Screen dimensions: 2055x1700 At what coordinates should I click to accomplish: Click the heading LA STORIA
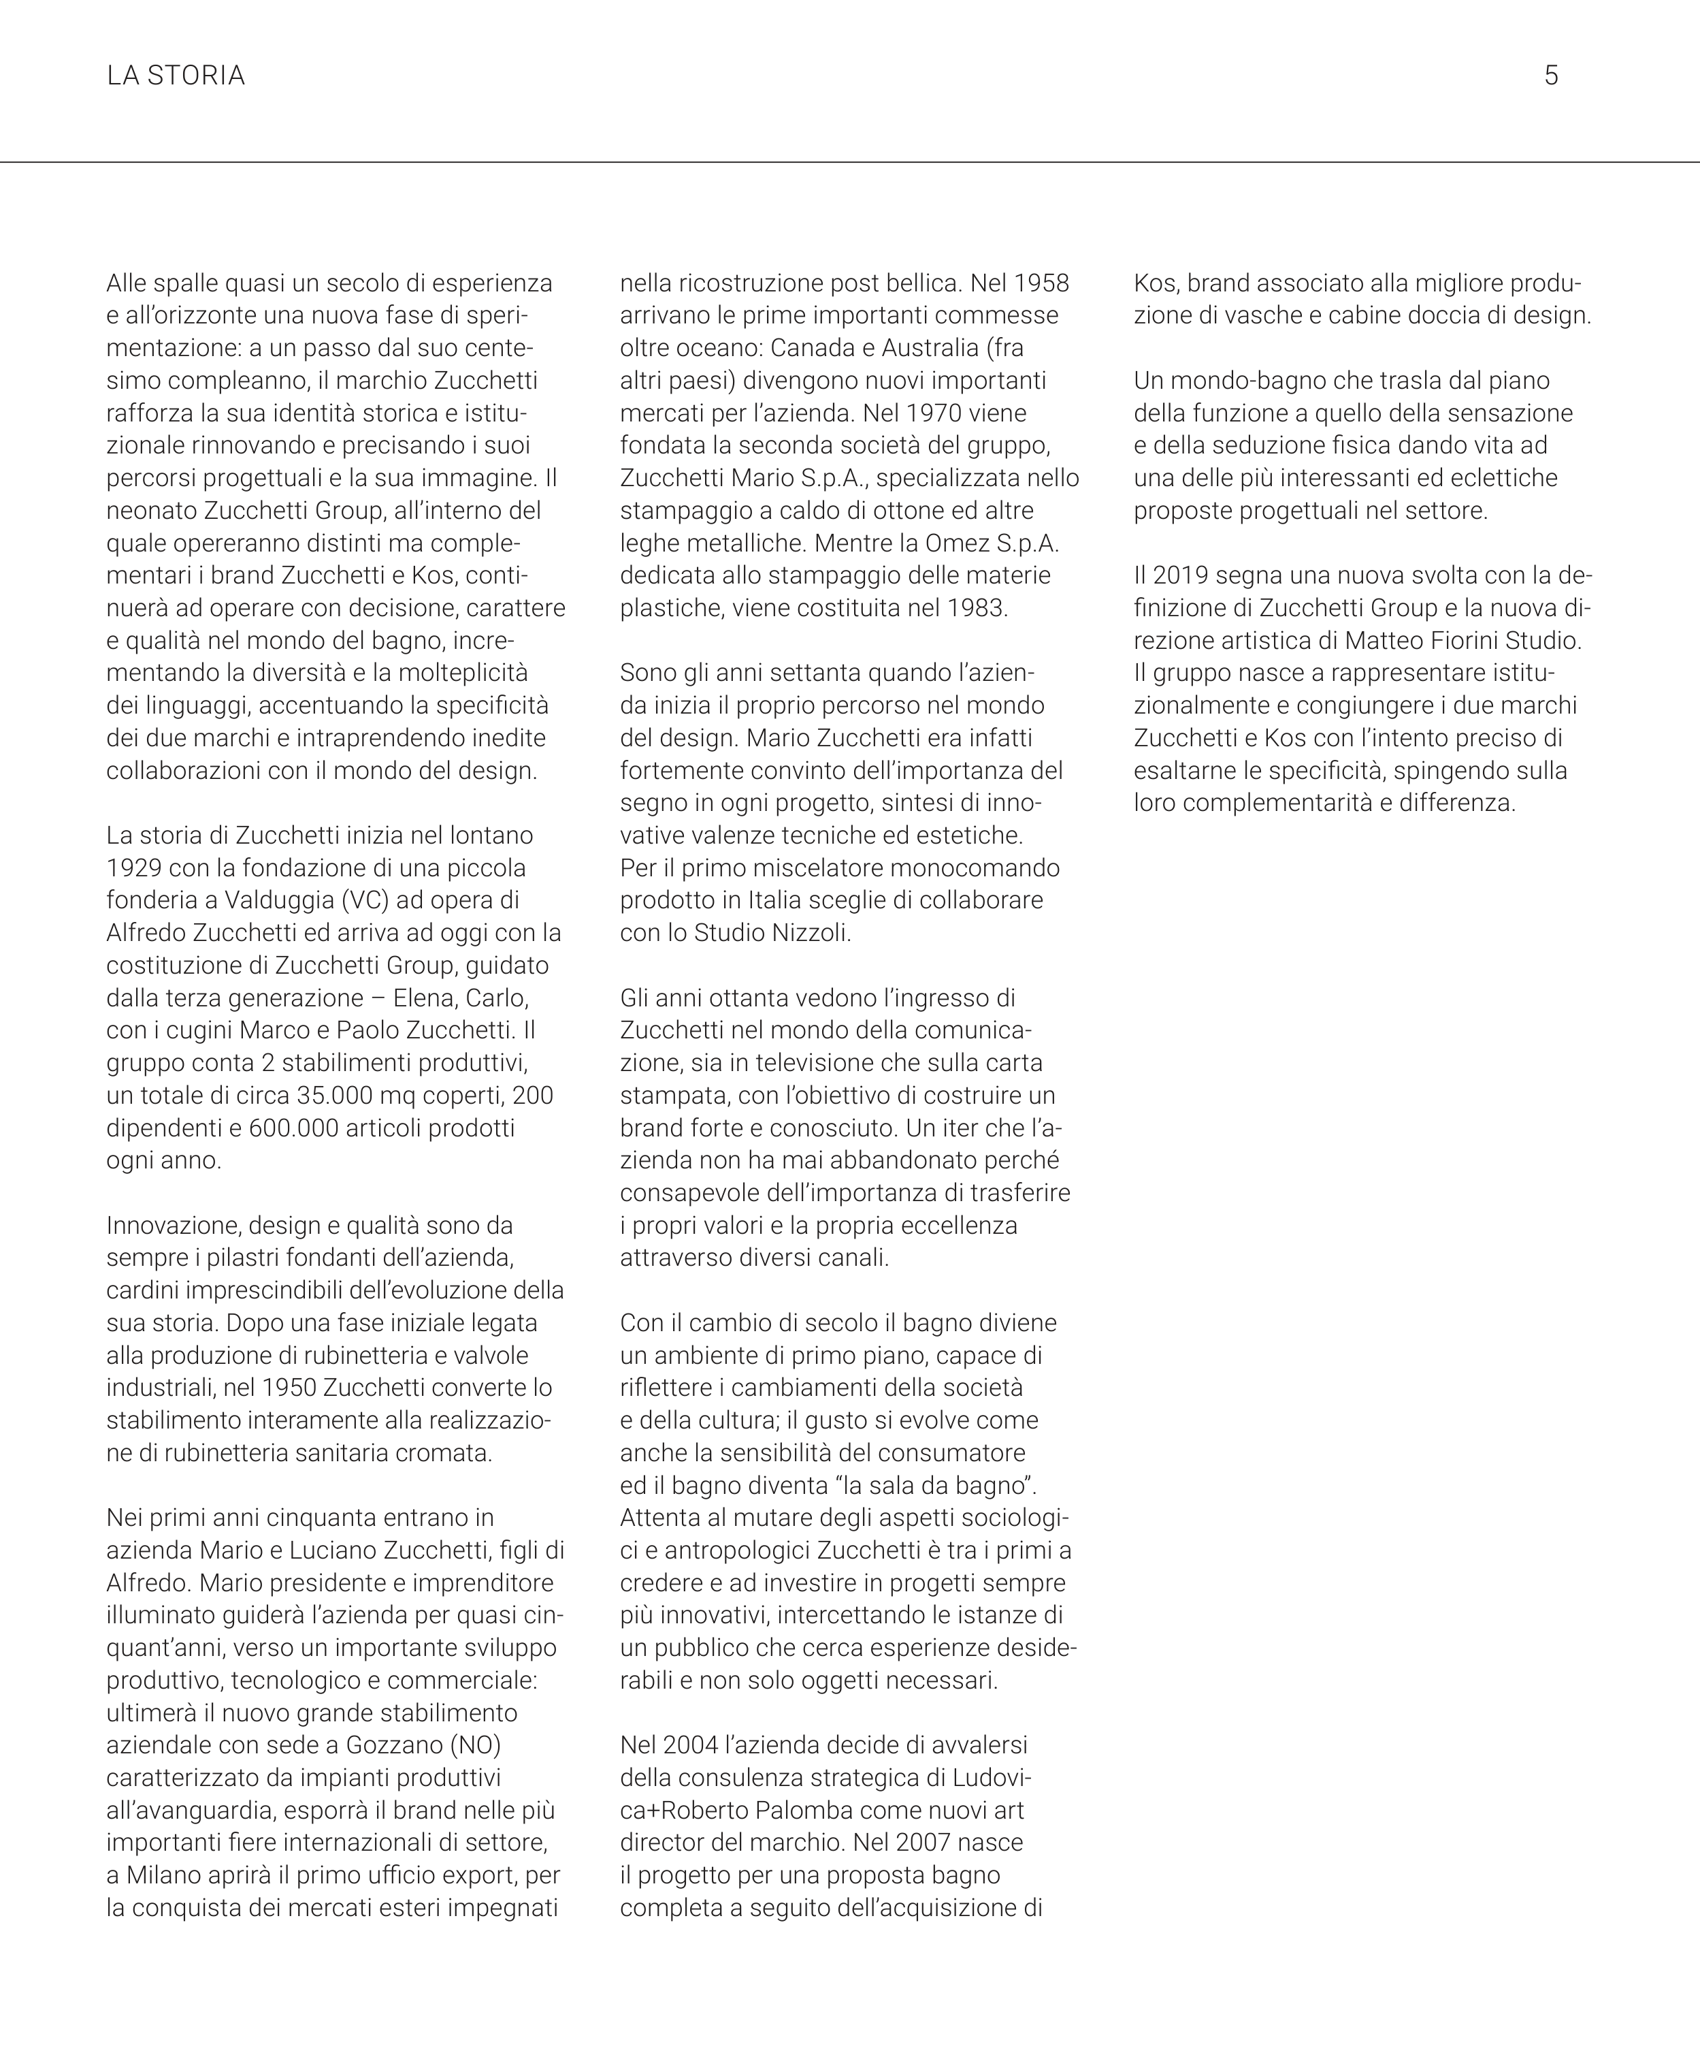pyautogui.click(x=176, y=76)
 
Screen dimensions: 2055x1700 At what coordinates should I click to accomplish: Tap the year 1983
pyautogui.click(x=975, y=607)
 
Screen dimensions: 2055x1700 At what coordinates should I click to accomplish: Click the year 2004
pyautogui.click(x=689, y=1745)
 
